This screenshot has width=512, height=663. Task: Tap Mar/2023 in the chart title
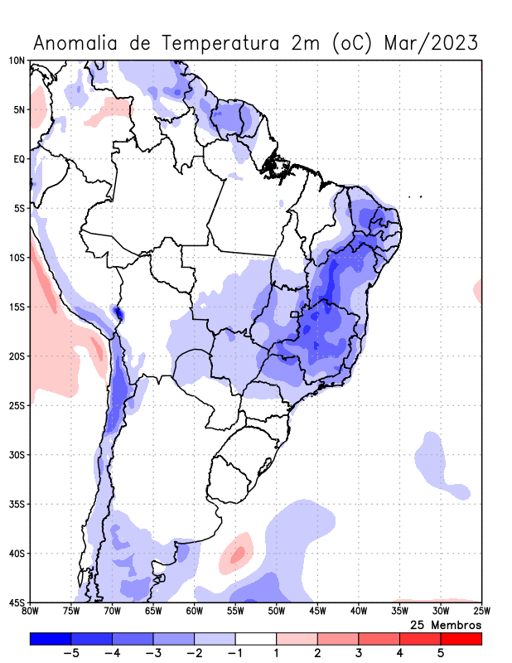point(432,42)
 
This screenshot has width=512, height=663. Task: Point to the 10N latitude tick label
point(17,60)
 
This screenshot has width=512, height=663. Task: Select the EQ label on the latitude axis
point(18,159)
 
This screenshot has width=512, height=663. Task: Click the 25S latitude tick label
point(17,405)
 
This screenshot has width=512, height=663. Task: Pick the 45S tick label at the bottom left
point(17,603)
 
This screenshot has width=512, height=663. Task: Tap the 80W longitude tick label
point(31,612)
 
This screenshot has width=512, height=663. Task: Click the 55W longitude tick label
point(235,612)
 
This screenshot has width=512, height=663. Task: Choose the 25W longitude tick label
point(481,612)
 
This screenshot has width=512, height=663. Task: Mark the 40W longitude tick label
point(358,612)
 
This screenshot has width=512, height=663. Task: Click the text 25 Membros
point(446,624)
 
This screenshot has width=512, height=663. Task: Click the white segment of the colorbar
point(256,638)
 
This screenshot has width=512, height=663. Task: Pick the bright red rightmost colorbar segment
point(461,638)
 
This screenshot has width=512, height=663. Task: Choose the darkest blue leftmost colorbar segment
point(50,638)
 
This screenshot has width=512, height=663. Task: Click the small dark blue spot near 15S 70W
point(118,313)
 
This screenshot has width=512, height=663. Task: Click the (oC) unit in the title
point(345,42)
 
